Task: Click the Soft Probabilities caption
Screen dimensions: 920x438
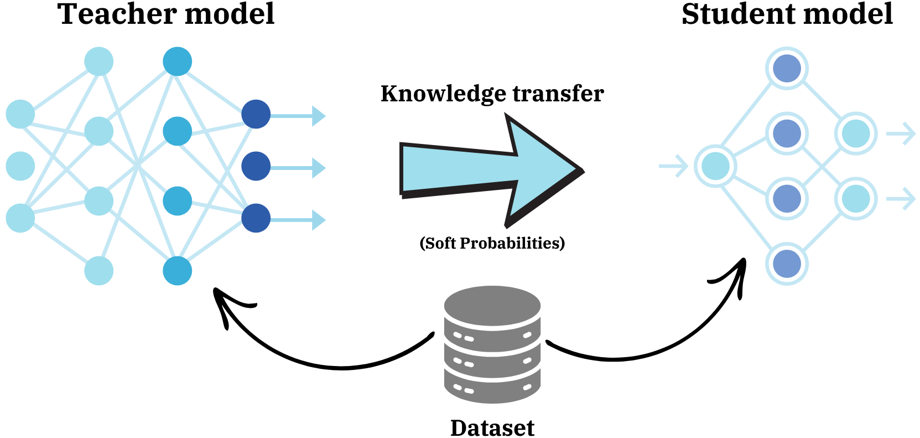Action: pos(492,243)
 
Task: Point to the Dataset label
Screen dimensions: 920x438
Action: pos(492,427)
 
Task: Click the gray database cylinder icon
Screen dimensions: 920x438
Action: pos(492,344)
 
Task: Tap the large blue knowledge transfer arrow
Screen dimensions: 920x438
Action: pos(492,170)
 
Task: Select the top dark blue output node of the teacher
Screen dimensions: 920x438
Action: pos(256,114)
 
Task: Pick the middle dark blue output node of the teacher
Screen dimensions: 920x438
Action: pos(256,166)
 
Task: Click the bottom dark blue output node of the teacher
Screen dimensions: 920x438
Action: pos(256,218)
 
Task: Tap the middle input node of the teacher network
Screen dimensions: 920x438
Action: pos(20,166)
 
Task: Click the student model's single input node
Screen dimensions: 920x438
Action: pos(715,166)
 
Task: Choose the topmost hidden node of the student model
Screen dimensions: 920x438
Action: pos(787,68)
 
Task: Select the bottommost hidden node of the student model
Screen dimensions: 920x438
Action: pos(787,264)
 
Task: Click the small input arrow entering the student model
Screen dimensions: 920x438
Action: pos(674,166)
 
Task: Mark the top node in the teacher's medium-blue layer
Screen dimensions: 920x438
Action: pos(178,61)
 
